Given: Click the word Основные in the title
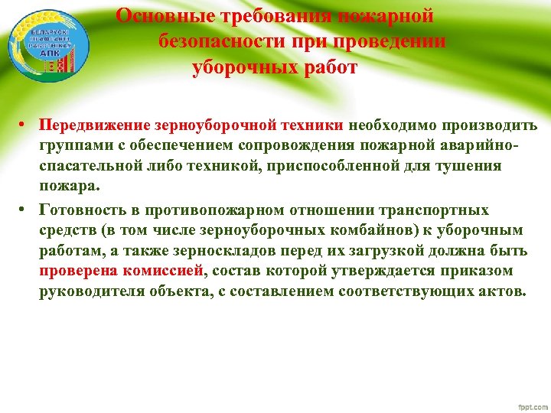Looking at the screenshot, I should pos(160,16).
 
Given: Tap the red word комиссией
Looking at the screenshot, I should pos(166,272).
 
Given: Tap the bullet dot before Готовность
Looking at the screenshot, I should pos(25,210).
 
